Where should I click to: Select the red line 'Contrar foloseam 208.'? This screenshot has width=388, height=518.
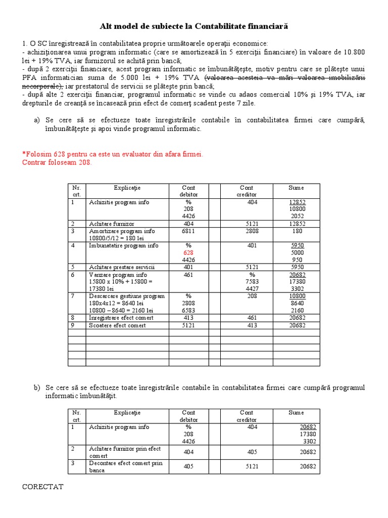point(57,162)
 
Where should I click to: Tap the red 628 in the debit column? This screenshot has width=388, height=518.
point(188,252)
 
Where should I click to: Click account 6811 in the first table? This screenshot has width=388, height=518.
point(188,231)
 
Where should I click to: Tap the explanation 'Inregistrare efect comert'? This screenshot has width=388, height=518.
point(121,318)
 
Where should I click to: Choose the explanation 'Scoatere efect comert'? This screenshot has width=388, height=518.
point(117,325)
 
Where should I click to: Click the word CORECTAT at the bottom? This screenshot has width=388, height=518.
point(43,487)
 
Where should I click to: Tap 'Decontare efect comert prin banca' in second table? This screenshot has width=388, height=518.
point(125,466)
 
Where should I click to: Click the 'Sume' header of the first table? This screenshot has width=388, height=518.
point(297,188)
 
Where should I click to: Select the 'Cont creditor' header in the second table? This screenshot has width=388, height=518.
point(247,416)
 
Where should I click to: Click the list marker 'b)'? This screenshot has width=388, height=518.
point(37,387)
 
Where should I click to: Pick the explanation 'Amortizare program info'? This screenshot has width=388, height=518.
point(122,231)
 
